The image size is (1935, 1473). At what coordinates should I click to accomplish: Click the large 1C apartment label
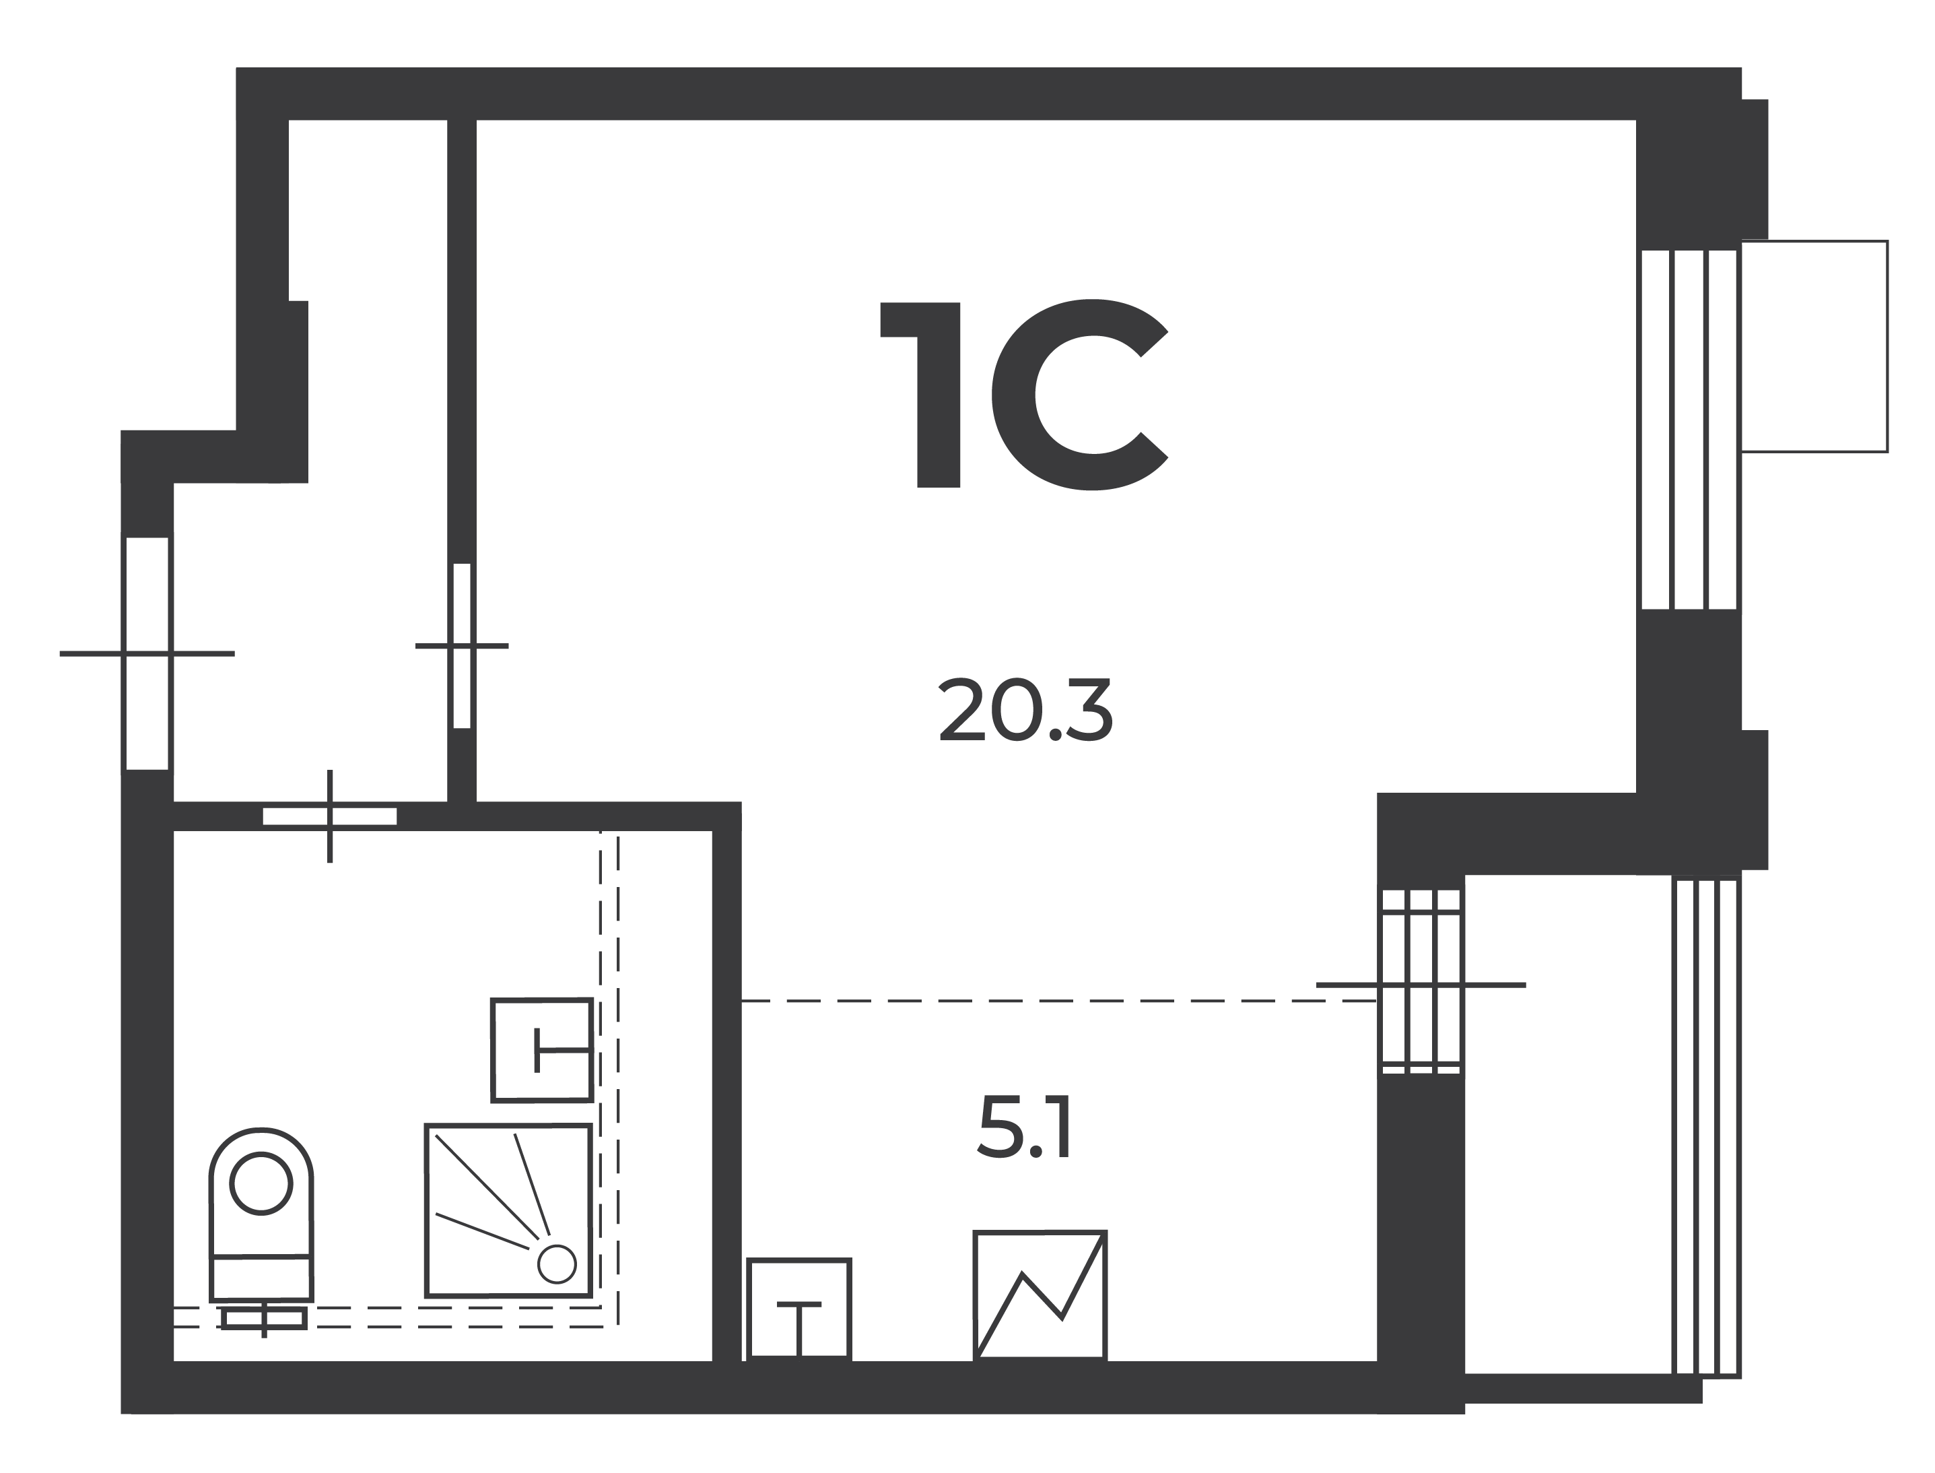point(1023,395)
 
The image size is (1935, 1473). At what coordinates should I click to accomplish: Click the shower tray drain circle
point(557,1264)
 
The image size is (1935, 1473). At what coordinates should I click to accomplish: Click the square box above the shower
point(541,1049)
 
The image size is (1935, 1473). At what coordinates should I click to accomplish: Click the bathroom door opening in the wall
point(329,816)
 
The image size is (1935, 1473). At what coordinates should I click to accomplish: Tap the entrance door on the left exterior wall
point(147,653)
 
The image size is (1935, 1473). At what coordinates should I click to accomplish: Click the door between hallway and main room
point(462,645)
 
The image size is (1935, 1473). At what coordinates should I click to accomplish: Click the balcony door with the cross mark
point(1421,982)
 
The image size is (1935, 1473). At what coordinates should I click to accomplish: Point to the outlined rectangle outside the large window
point(1813,346)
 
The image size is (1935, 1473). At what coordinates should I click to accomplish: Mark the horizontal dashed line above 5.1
point(1058,1000)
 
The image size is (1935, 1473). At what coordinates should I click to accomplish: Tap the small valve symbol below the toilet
point(264,1318)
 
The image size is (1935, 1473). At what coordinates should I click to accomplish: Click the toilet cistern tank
point(261,1278)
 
